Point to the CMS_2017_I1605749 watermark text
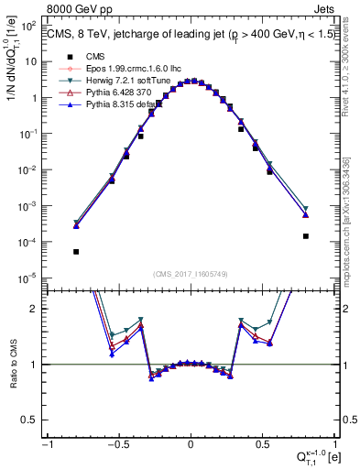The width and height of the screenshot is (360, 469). pos(190,274)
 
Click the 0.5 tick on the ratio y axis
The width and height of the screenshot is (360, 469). pos(34,420)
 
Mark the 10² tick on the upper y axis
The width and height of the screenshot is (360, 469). pos(32,26)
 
